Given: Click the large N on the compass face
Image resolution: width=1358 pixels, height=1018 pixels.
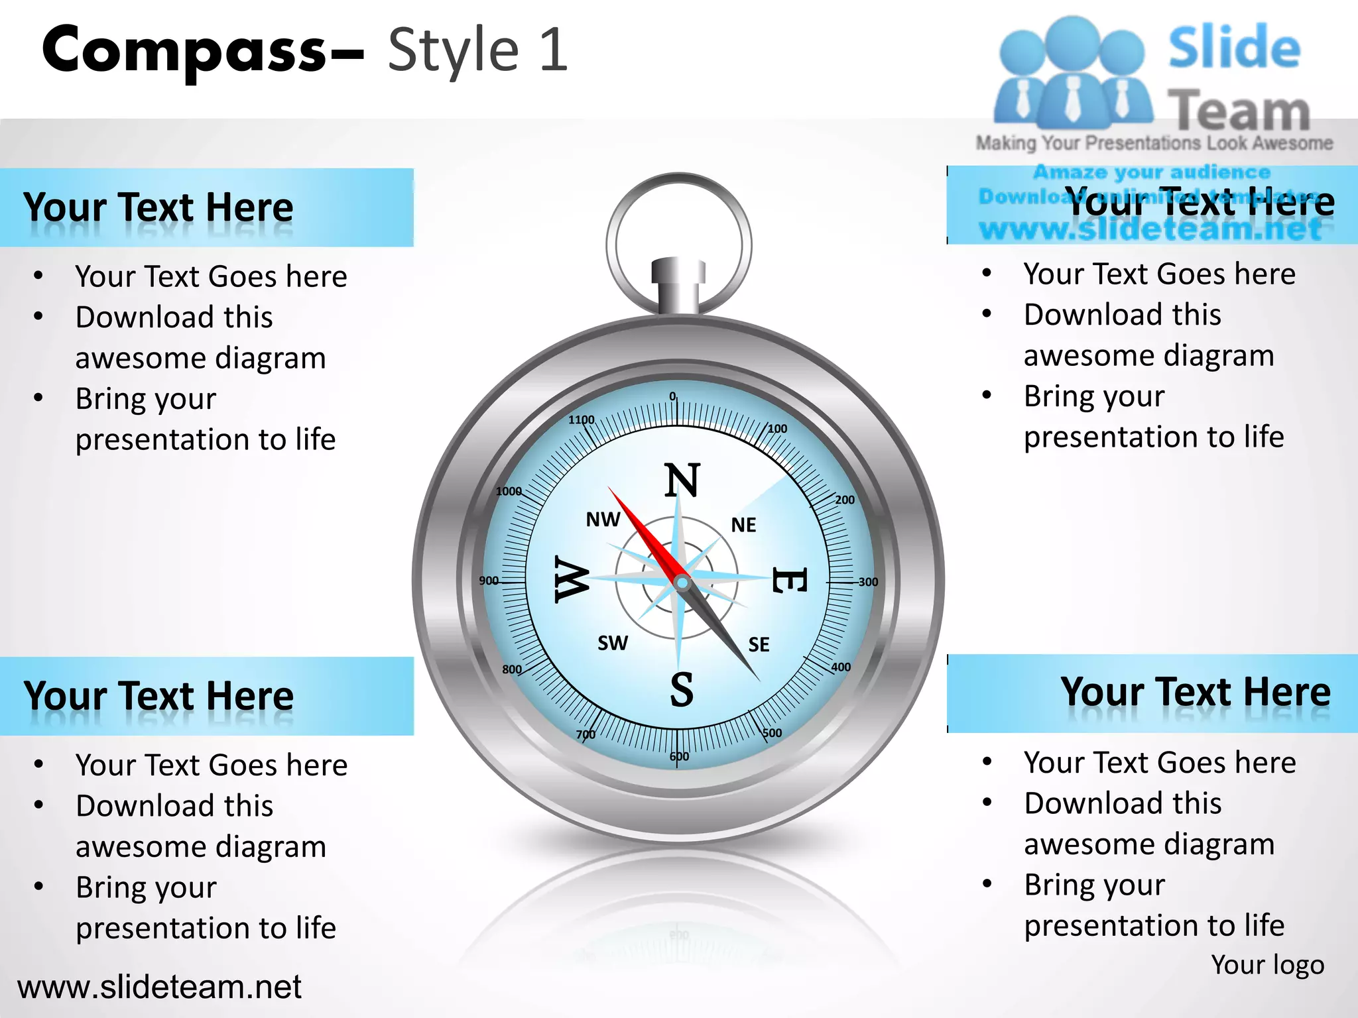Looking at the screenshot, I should [x=682, y=480].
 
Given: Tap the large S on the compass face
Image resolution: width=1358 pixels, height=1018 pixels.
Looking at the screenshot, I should [x=682, y=689].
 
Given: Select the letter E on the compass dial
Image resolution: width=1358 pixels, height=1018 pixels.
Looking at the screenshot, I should [x=788, y=581].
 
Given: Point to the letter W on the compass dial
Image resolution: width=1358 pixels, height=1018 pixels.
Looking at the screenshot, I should [x=572, y=579].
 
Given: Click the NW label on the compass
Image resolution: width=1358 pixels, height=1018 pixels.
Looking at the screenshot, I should [x=603, y=520].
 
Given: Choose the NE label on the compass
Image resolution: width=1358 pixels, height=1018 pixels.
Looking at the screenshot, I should [x=743, y=526].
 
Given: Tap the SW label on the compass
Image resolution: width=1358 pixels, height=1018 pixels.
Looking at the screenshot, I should [x=612, y=643].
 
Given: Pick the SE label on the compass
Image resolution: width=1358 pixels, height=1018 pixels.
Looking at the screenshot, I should [x=759, y=645].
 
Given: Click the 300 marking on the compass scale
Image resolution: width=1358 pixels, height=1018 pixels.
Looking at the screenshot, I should [x=867, y=582].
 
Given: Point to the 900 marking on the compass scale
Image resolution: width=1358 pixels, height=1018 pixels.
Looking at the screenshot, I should [x=489, y=581].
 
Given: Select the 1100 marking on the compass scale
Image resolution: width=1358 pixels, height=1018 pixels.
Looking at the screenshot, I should [x=581, y=420].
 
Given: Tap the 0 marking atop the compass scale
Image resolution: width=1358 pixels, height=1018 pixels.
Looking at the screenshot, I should [x=672, y=396].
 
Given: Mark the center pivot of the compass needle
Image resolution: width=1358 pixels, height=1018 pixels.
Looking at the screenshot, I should [x=682, y=583].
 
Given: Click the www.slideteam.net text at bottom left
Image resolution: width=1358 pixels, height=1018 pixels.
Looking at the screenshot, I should [x=159, y=987].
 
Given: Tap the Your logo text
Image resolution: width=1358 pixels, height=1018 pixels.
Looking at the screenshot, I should [x=1267, y=965].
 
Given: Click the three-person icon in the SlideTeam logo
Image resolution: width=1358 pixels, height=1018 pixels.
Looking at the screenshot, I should [x=1072, y=73].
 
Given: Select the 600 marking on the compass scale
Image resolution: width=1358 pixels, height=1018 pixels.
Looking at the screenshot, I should [x=679, y=756].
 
